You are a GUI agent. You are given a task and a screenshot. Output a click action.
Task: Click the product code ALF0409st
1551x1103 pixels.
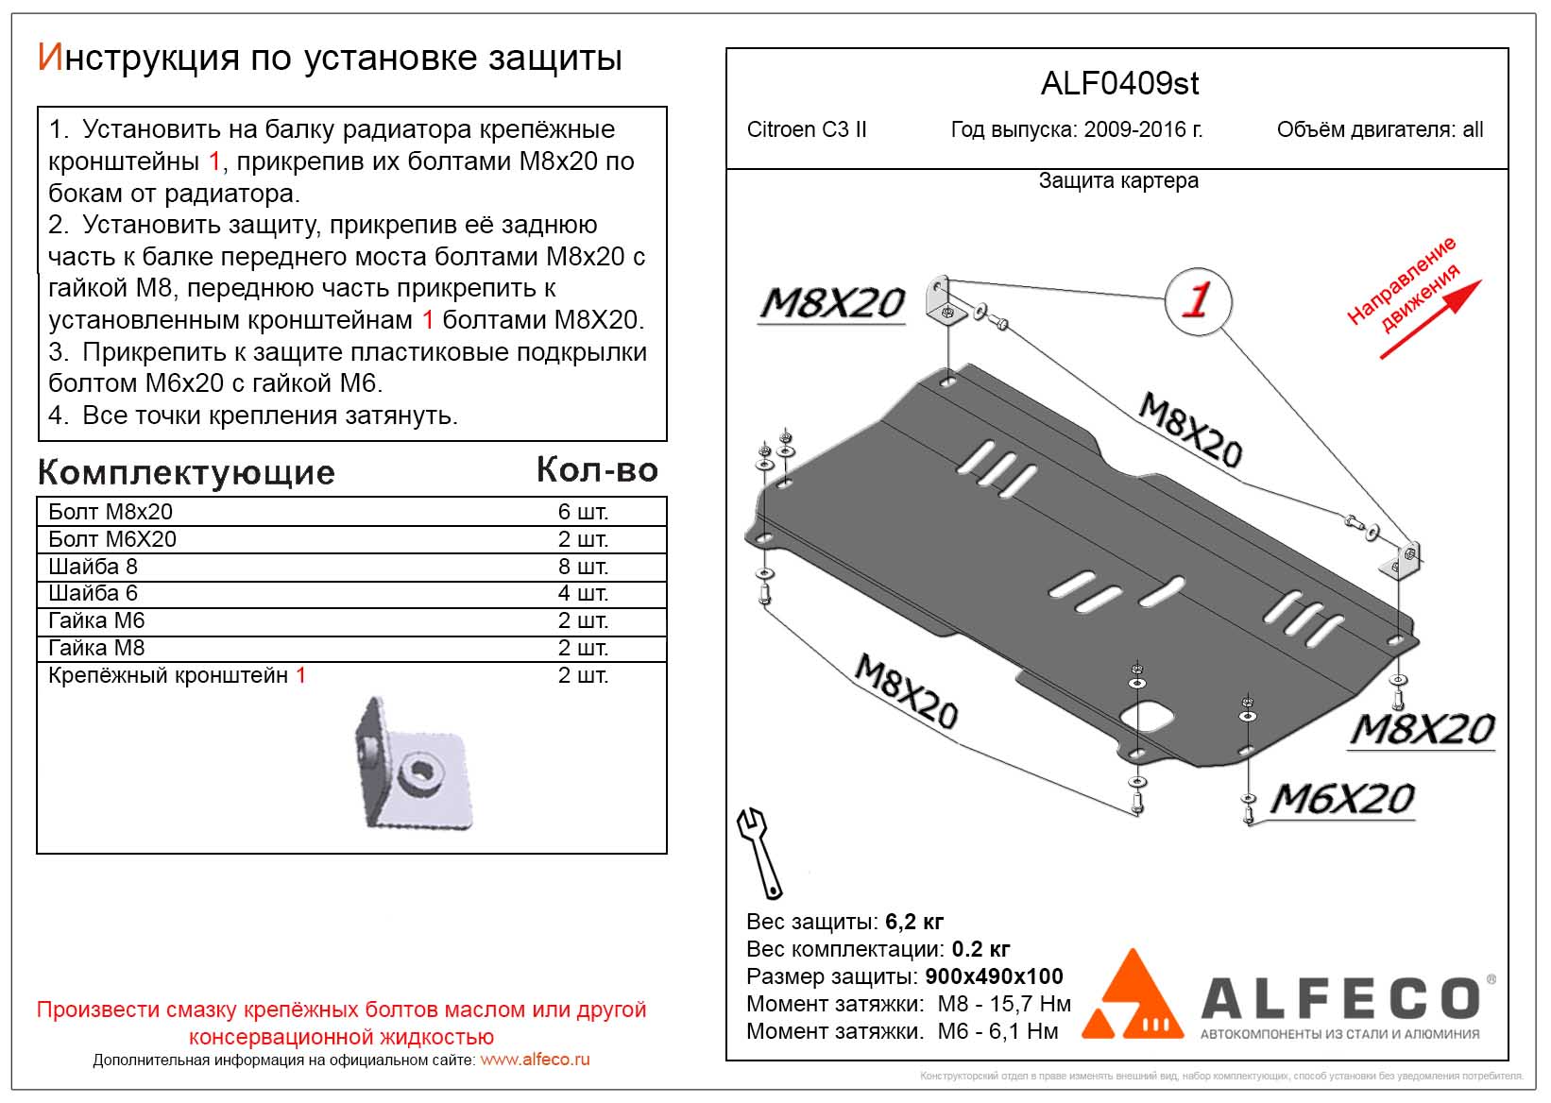pos(1119,84)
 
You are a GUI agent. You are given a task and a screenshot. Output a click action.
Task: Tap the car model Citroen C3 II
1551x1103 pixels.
pos(806,130)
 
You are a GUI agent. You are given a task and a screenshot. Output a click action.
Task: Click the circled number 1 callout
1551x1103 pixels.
pos(1198,300)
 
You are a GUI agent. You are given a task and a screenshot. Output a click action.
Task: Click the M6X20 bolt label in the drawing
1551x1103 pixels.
pos(1341,800)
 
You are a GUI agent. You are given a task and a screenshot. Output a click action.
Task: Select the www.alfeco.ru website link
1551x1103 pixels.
pos(535,1060)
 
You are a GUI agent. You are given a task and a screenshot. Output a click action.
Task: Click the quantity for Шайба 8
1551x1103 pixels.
pos(583,567)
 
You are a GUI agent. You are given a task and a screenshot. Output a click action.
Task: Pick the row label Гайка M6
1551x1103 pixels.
pos(96,620)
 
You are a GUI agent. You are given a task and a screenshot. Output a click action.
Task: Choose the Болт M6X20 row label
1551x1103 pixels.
pos(112,539)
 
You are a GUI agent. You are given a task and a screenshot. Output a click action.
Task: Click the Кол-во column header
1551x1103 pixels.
pos(597,470)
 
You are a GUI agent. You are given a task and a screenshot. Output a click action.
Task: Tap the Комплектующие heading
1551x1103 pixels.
pos(186,472)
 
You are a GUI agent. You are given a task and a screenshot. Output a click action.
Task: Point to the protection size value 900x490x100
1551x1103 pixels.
pos(994,976)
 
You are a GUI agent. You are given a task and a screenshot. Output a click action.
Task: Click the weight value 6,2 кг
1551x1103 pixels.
pos(912,922)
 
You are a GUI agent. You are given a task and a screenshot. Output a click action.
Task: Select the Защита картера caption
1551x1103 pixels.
pos(1118,181)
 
